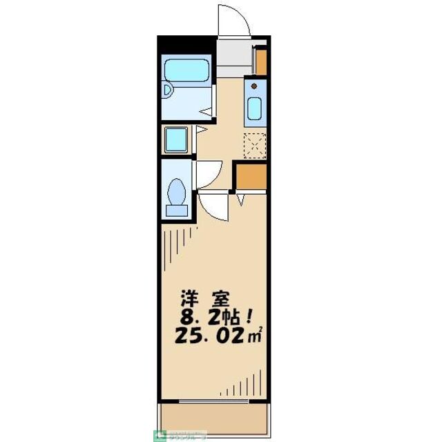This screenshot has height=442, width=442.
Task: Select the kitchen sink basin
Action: pos(254,108)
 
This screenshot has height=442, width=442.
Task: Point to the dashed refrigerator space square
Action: pos(256,144)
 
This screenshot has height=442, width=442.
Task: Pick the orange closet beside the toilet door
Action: pos(250,177)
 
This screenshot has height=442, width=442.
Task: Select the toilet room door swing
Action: pos(208,173)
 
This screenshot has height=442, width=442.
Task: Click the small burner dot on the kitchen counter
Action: pos(255,86)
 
